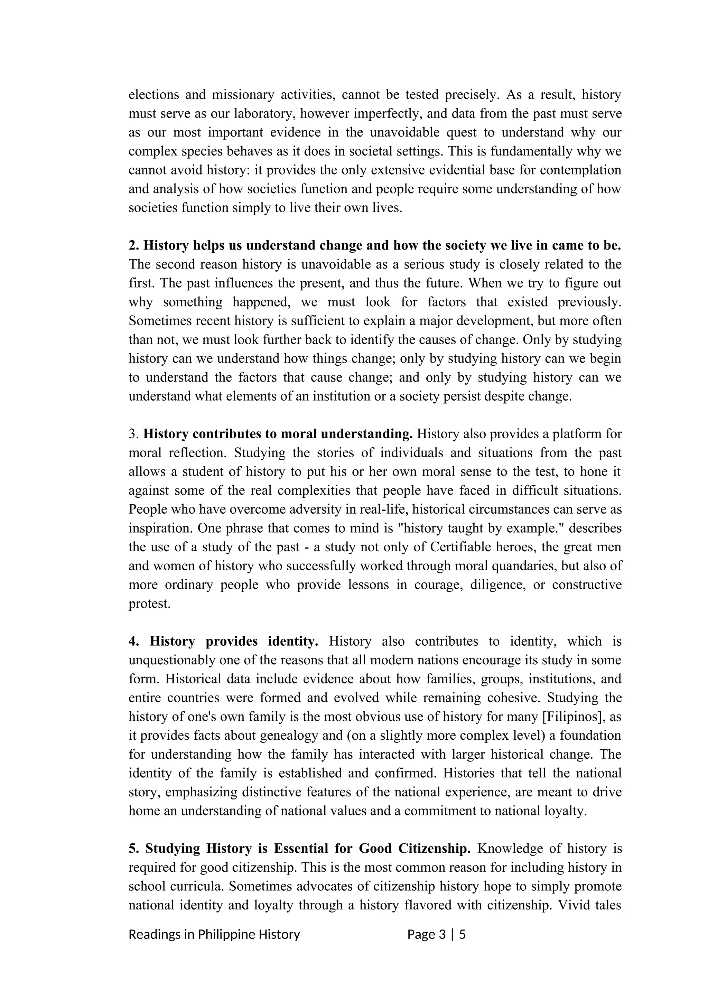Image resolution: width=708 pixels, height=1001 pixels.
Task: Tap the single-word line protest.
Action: click(x=149, y=604)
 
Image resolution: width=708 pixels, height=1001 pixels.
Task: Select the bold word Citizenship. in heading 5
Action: click(x=434, y=849)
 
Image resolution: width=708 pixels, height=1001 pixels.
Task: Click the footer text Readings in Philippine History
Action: click(x=214, y=934)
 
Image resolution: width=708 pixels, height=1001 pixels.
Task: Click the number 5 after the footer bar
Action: click(x=462, y=934)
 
